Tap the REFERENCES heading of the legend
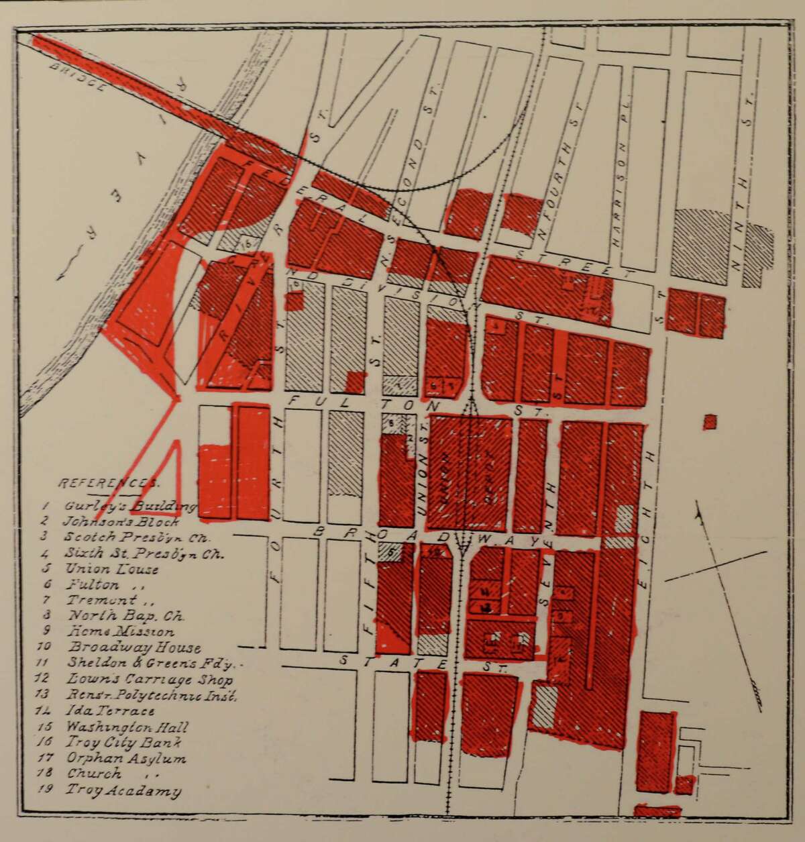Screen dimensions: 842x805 [x=109, y=483]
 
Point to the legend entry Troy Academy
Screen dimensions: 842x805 [x=123, y=790]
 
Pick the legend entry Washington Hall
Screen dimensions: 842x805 [x=127, y=727]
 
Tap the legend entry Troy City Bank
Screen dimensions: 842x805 [x=124, y=743]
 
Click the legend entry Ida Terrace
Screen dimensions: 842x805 [x=111, y=711]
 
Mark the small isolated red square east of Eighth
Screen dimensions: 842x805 [x=710, y=422]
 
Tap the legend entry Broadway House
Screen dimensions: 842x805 [x=134, y=647]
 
